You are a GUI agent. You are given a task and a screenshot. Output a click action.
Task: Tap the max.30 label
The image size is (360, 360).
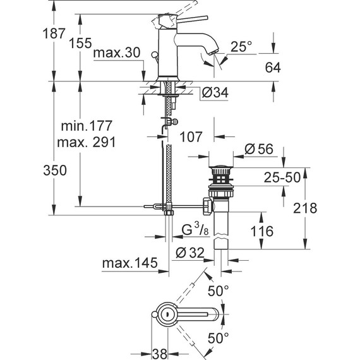click(x=116, y=54)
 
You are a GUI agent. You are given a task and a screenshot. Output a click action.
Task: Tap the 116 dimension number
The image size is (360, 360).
click(x=261, y=231)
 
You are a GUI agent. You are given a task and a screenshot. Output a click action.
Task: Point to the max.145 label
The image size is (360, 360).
click(x=129, y=261)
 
